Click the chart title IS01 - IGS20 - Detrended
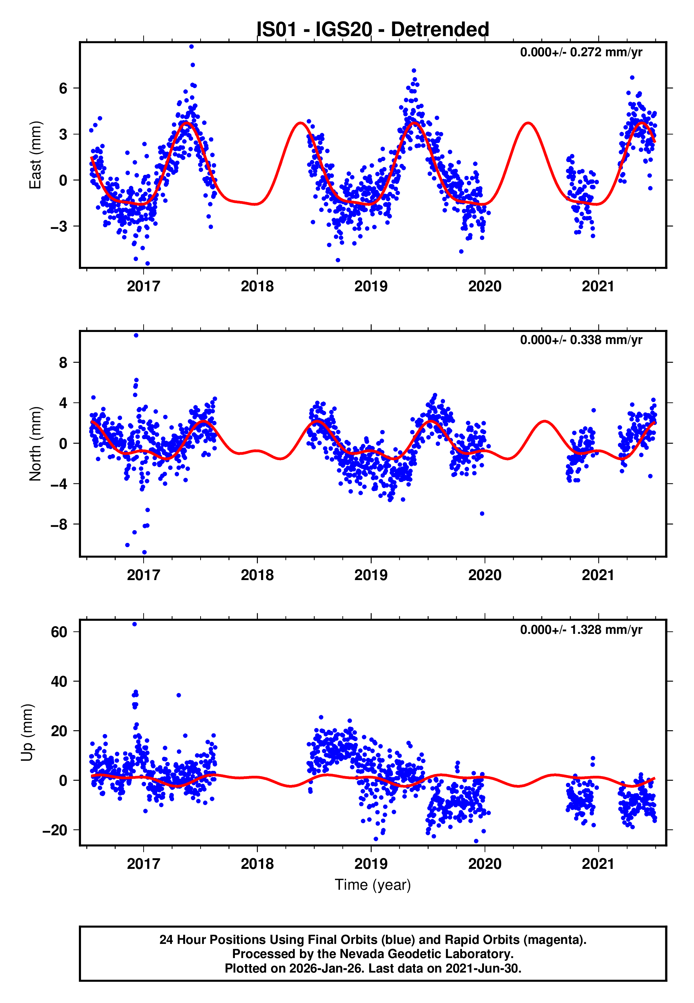pyautogui.click(x=373, y=30)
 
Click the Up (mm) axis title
pyautogui.click(x=27, y=733)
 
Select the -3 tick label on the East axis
pyautogui.click(x=59, y=226)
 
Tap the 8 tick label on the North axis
pyautogui.click(x=63, y=362)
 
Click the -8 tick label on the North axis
pyautogui.click(x=59, y=525)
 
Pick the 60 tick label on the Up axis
pyautogui.click(x=59, y=632)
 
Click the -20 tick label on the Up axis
pyautogui.click(x=55, y=830)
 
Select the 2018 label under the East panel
pyautogui.click(x=257, y=286)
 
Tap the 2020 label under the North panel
pyautogui.click(x=484, y=575)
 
